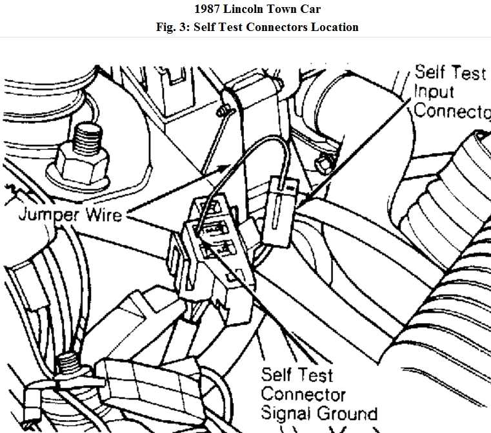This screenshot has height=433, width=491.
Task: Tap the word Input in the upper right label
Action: [x=434, y=91]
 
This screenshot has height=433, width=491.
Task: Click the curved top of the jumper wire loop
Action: [x=252, y=147]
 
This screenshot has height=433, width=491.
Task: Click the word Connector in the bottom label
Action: [x=303, y=394]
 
